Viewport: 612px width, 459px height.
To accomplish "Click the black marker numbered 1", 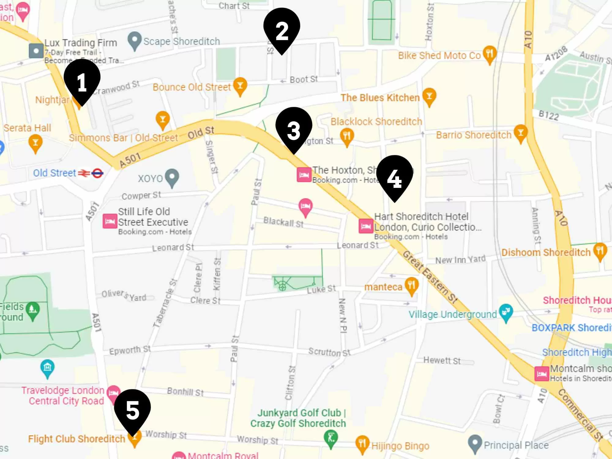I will click(82, 81).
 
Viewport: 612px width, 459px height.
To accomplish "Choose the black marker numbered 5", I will click(132, 410).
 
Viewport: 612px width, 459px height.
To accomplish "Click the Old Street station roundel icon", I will click(97, 173).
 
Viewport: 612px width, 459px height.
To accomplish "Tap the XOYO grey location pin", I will click(172, 177).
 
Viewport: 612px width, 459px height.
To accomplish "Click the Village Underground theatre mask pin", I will click(506, 312).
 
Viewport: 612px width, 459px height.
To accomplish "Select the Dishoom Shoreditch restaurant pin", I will click(600, 251).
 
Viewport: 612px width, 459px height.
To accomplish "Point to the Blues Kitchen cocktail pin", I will click(429, 97).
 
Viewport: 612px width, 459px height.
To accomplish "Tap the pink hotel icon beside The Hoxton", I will click(304, 175).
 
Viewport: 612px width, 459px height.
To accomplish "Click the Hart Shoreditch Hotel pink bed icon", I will click(366, 226).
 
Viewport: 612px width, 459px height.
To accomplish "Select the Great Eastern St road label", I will click(430, 277).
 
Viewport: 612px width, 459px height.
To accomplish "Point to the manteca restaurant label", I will click(383, 287).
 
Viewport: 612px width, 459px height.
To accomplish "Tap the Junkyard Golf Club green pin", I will click(331, 438).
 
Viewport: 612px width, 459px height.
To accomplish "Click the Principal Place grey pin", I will click(475, 443).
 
